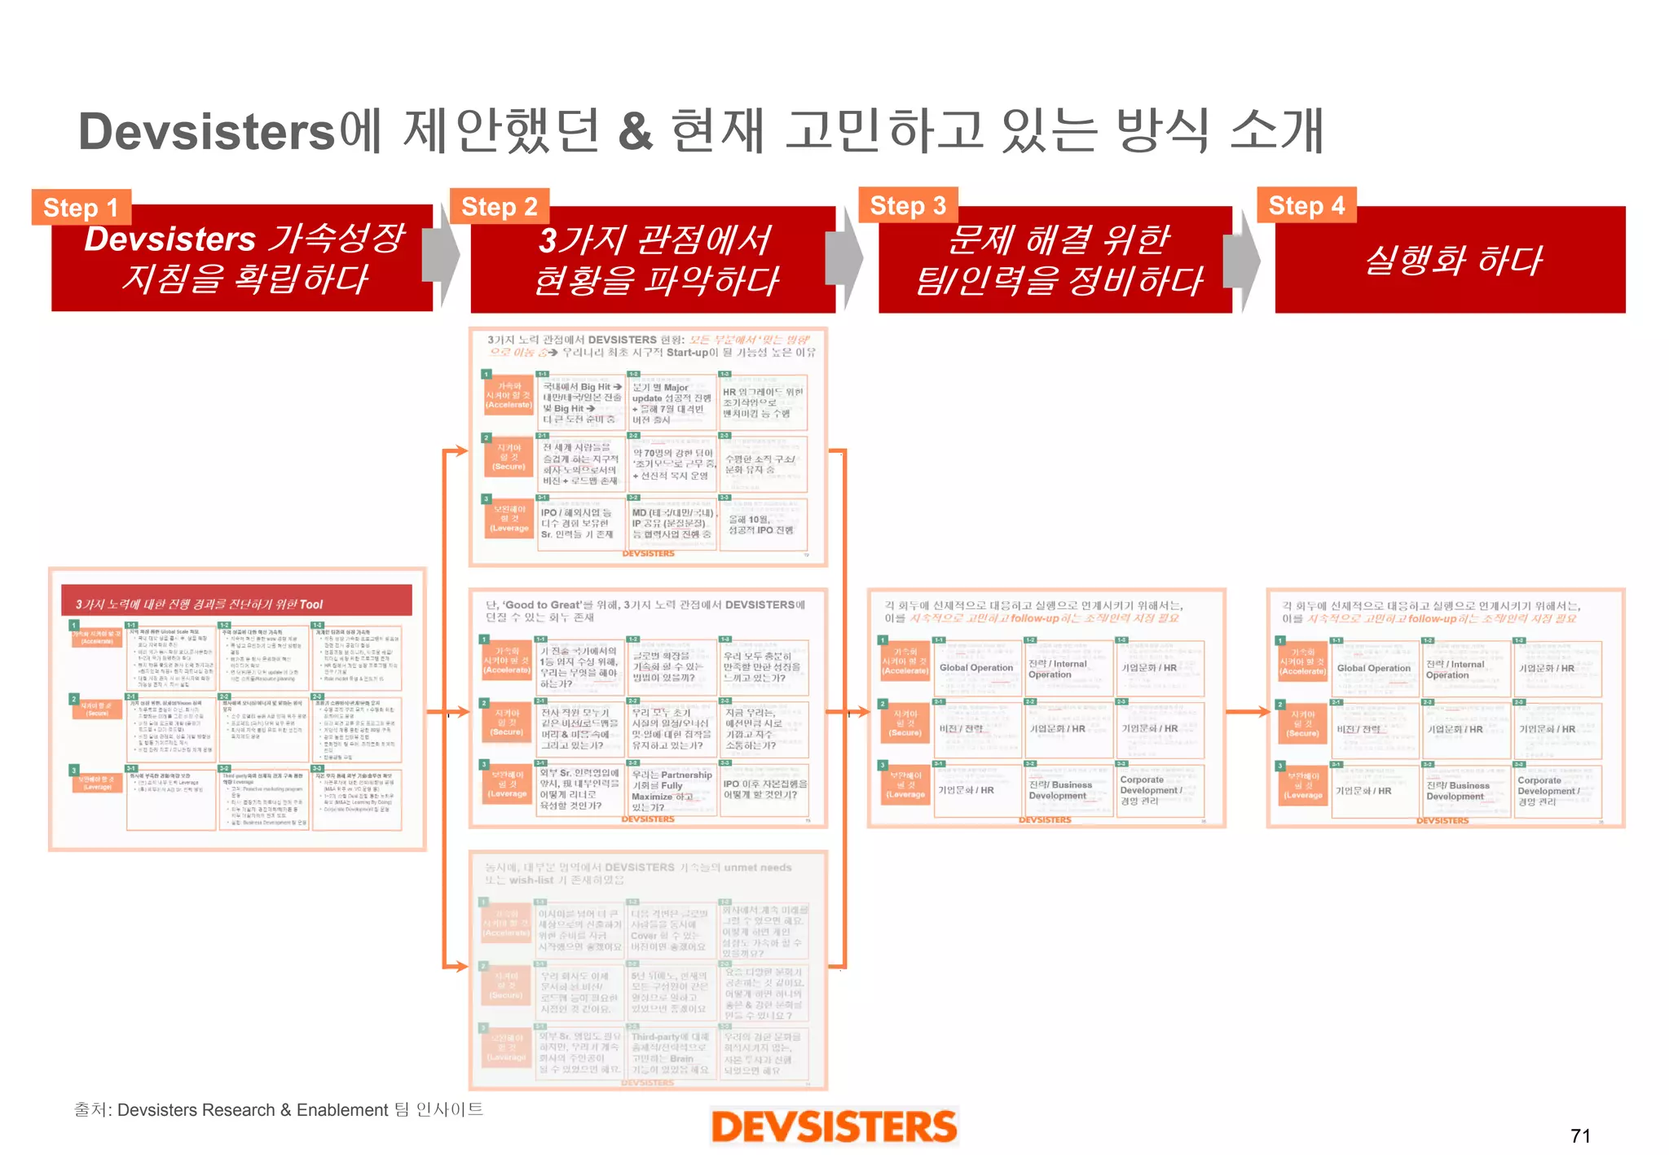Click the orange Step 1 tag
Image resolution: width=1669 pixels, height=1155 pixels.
pos(81,208)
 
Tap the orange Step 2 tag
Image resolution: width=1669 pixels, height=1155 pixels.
pos(499,207)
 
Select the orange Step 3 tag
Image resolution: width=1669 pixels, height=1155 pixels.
pos(908,205)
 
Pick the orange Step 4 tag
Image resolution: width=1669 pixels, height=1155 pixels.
pos(1306,205)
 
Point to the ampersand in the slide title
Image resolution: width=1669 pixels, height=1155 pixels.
pos(636,132)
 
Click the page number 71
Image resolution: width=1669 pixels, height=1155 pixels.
pos(1580,1135)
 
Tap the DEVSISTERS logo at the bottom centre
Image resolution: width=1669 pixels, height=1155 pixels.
pos(834,1126)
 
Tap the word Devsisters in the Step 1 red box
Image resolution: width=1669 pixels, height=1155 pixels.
pos(170,239)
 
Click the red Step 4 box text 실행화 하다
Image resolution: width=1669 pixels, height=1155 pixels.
pos(1453,261)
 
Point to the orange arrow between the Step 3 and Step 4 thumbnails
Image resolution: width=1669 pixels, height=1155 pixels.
pos(1246,712)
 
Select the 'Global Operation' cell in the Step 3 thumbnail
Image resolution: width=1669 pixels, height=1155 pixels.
pos(975,668)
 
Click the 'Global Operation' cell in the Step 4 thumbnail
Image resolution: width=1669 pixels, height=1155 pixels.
pos(1373,669)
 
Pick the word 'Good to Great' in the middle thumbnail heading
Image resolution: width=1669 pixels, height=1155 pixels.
pos(542,605)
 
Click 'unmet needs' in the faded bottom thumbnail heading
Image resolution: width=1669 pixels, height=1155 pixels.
pos(757,867)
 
